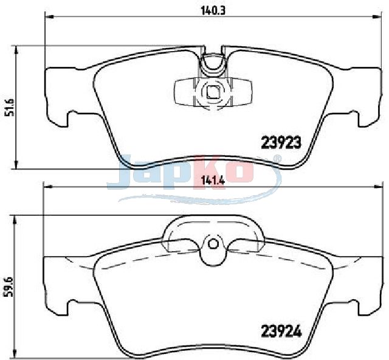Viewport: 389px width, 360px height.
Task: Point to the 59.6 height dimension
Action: [9, 287]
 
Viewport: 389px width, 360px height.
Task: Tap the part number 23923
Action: [281, 143]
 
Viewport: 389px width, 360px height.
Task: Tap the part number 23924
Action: [281, 331]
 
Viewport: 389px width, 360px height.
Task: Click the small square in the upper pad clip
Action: [213, 92]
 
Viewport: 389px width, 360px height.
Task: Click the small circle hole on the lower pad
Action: [213, 244]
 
